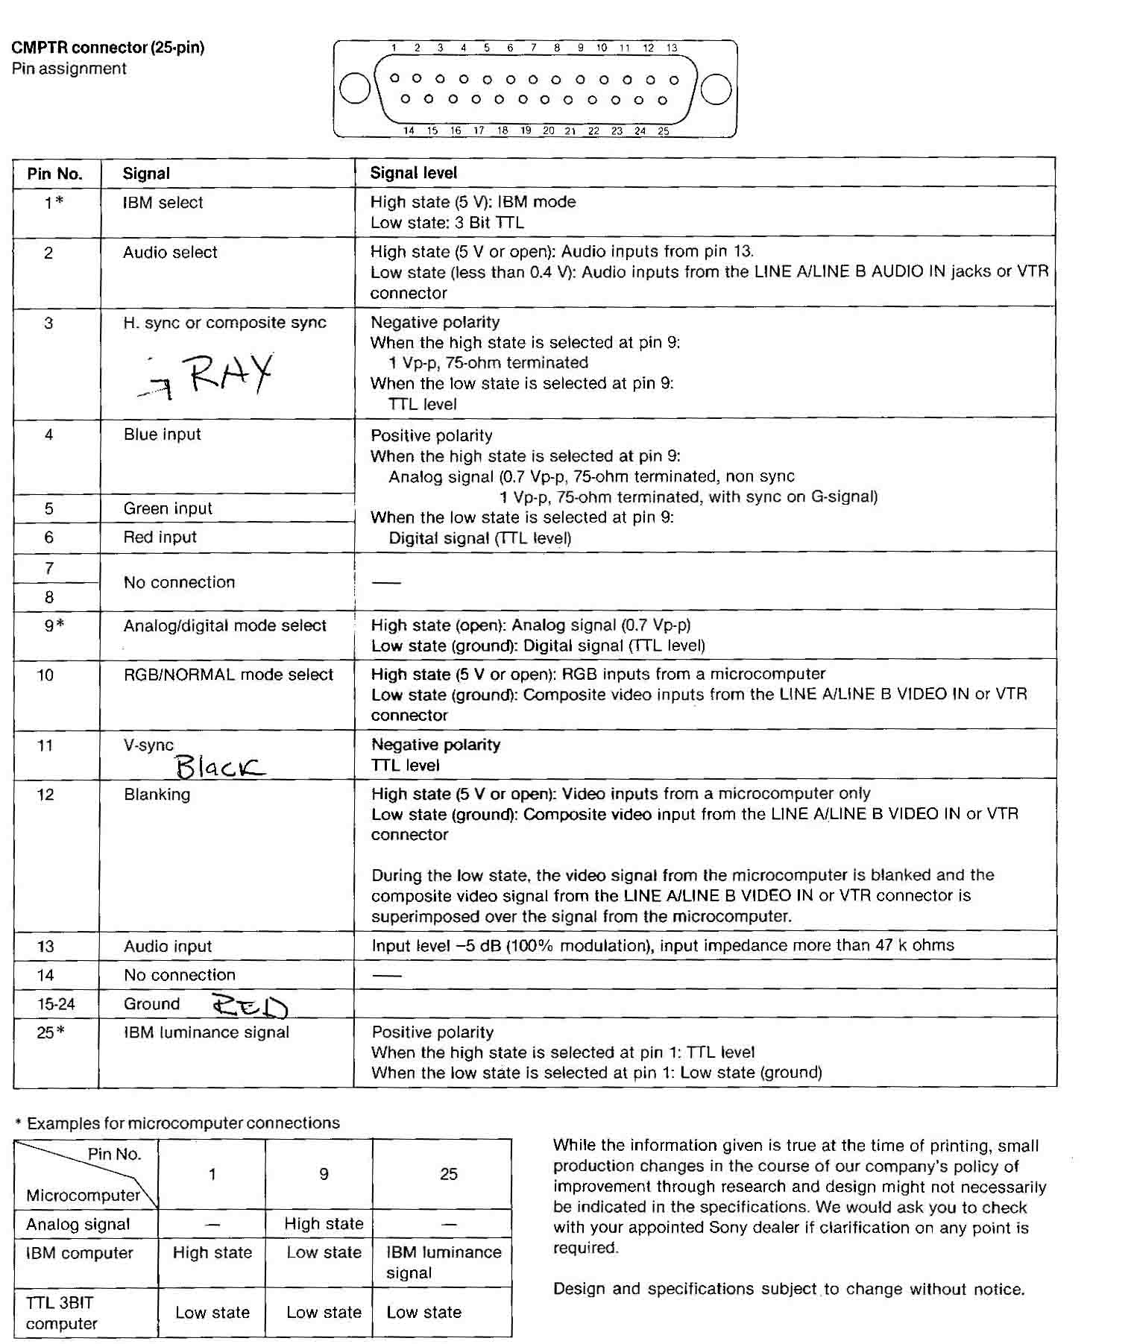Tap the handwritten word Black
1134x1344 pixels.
[x=219, y=766]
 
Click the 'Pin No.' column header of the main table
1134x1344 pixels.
[x=54, y=174]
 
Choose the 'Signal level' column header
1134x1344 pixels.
[x=414, y=173]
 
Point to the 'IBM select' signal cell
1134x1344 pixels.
[x=163, y=203]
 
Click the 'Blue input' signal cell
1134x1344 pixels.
[x=162, y=435]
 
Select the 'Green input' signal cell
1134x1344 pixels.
[x=168, y=508]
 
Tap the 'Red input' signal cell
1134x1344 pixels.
[x=160, y=537]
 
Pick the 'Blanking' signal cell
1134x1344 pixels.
[x=157, y=795]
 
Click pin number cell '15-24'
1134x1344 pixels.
[x=56, y=1004]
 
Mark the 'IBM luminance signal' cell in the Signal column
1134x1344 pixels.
[x=206, y=1032]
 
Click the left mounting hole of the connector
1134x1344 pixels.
[x=355, y=89]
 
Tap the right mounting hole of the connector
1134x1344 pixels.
[x=716, y=89]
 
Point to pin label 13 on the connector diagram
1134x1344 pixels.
[x=672, y=48]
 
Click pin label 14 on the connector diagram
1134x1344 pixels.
[x=409, y=130]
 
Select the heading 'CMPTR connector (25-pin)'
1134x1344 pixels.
[x=107, y=48]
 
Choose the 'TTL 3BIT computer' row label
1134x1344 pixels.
[x=61, y=1313]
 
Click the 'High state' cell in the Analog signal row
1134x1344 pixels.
[x=324, y=1223]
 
